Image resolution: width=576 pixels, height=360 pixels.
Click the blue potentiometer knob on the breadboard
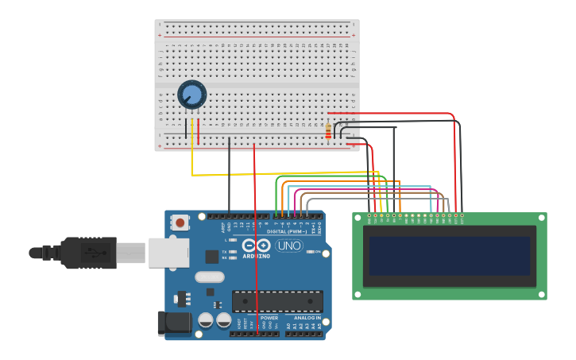click(191, 95)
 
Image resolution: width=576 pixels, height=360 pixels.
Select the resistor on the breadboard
click(328, 131)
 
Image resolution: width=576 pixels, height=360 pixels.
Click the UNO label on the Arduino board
click(289, 246)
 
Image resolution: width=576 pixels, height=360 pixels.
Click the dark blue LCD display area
click(450, 255)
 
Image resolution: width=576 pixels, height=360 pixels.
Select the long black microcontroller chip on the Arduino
click(277, 301)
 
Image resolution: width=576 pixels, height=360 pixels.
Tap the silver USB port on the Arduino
click(168, 253)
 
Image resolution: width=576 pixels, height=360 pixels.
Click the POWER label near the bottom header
click(269, 318)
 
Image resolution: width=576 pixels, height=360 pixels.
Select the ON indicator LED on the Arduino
click(310, 252)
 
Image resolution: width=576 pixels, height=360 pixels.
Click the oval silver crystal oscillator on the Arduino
click(210, 277)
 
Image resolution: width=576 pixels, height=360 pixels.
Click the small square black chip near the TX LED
click(212, 256)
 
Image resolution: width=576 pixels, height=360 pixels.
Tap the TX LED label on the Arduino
click(225, 251)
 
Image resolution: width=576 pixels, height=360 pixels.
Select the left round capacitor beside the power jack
click(206, 320)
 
